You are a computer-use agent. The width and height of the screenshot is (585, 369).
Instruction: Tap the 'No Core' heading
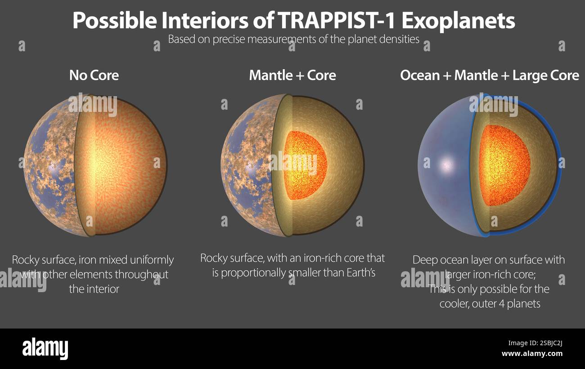click(94, 75)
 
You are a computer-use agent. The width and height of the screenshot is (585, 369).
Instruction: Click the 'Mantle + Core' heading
click(292, 75)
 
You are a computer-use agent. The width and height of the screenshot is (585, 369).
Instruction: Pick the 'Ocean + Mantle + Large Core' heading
click(490, 75)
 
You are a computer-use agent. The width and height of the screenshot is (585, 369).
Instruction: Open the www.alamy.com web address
click(532, 354)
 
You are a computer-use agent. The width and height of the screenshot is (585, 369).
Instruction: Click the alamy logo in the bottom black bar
click(45, 349)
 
